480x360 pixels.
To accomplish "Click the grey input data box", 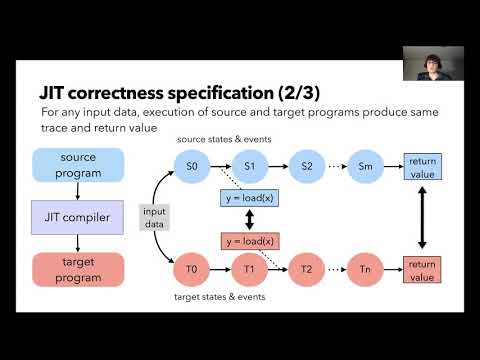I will click(155, 217).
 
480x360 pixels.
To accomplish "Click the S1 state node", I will click(250, 163).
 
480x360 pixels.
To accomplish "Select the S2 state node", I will click(306, 163).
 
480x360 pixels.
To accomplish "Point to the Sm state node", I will click(364, 163).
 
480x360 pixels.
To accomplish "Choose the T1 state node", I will click(250, 269).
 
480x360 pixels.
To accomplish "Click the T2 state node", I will click(306, 269).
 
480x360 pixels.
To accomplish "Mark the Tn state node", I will click(364, 269).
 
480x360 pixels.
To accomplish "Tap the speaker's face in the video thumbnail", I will click(432, 60).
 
